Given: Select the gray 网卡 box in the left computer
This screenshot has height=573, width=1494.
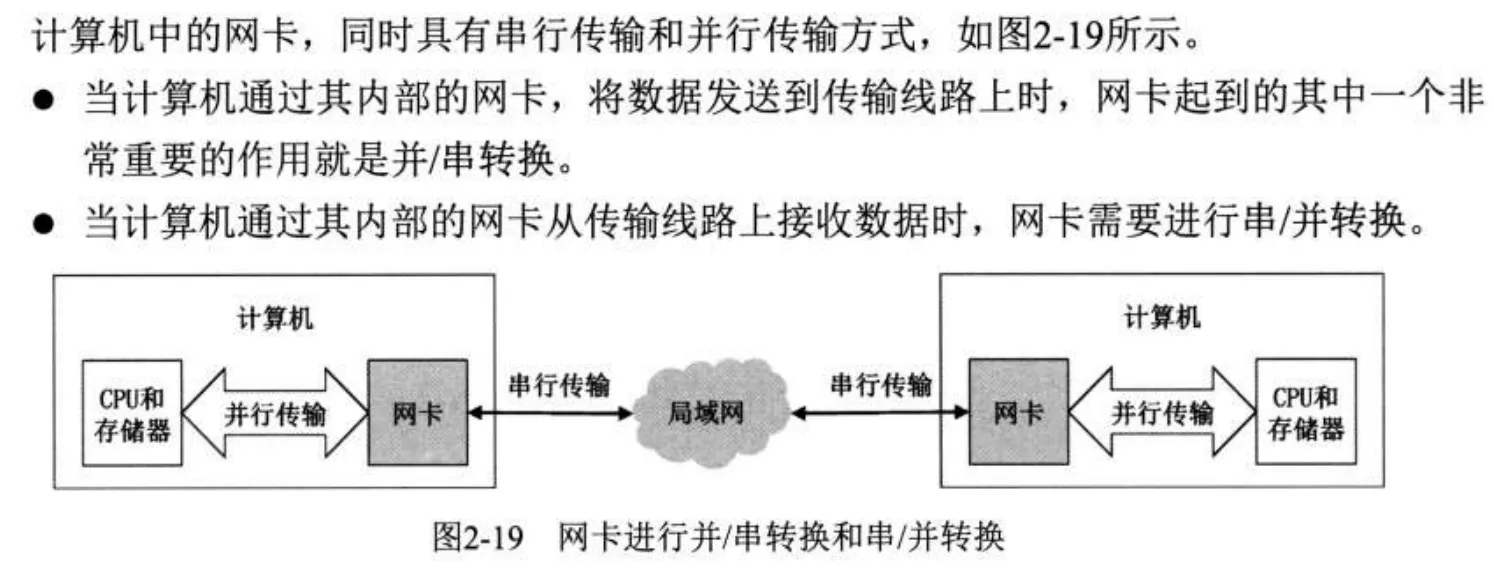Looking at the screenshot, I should point(416,411).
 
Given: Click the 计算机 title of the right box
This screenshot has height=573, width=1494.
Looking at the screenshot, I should point(1161,319).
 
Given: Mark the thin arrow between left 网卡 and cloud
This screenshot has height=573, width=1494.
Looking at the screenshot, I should point(552,411).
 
